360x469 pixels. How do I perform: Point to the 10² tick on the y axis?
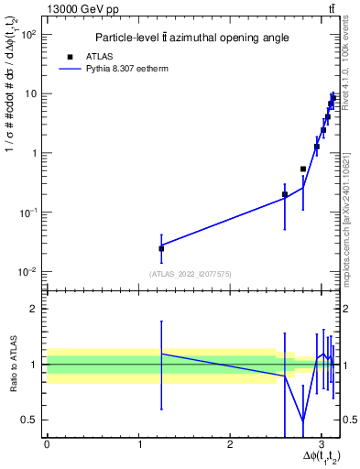tap(30, 35)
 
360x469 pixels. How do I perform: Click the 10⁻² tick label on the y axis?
tap(30, 272)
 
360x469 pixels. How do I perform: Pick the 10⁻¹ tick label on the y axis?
tap(30, 213)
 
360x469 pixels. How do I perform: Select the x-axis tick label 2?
tap(230, 445)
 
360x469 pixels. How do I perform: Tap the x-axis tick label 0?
tap(47, 445)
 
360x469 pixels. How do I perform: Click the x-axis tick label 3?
tap(322, 445)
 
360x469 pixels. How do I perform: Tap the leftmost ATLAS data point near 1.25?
tap(161, 248)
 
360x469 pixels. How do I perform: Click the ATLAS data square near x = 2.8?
tap(303, 169)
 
